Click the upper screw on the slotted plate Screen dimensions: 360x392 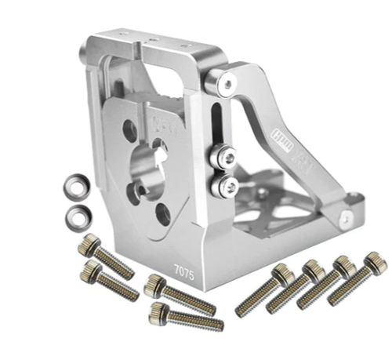point(224,158)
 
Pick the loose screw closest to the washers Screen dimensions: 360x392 point(101,253)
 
